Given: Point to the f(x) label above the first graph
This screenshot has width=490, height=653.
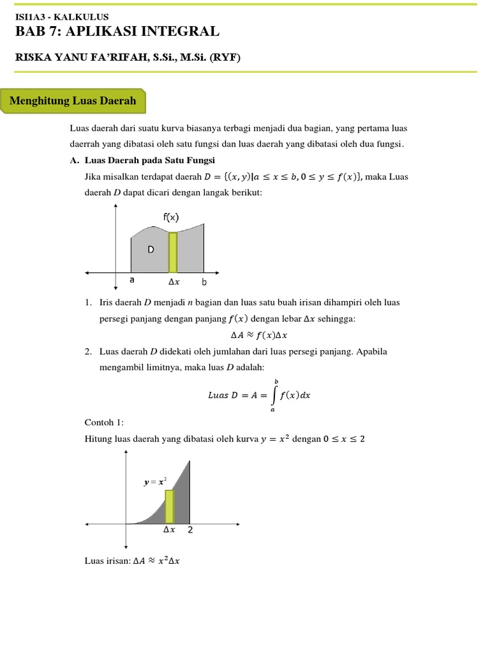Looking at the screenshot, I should click(171, 217).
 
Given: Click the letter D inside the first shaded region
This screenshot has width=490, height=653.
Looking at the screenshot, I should click(151, 250).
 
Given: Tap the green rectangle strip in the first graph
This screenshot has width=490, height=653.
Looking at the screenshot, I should click(172, 253).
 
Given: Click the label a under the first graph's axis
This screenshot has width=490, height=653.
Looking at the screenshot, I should click(132, 280).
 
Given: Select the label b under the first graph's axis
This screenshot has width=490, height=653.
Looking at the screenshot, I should click(204, 281).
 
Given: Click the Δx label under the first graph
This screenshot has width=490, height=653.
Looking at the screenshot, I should click(174, 281).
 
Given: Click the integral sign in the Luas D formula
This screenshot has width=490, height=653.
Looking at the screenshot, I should click(274, 395).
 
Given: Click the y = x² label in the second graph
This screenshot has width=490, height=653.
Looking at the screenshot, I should click(156, 483).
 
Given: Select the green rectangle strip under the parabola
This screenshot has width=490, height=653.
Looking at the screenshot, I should click(169, 506).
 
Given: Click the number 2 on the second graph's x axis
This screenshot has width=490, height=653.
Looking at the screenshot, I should click(189, 530).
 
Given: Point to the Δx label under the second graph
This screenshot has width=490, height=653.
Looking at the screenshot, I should click(169, 530).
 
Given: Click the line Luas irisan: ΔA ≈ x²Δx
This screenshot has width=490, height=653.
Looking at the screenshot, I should click(132, 561).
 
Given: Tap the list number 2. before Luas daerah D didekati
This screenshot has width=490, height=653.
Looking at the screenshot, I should click(88, 351).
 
